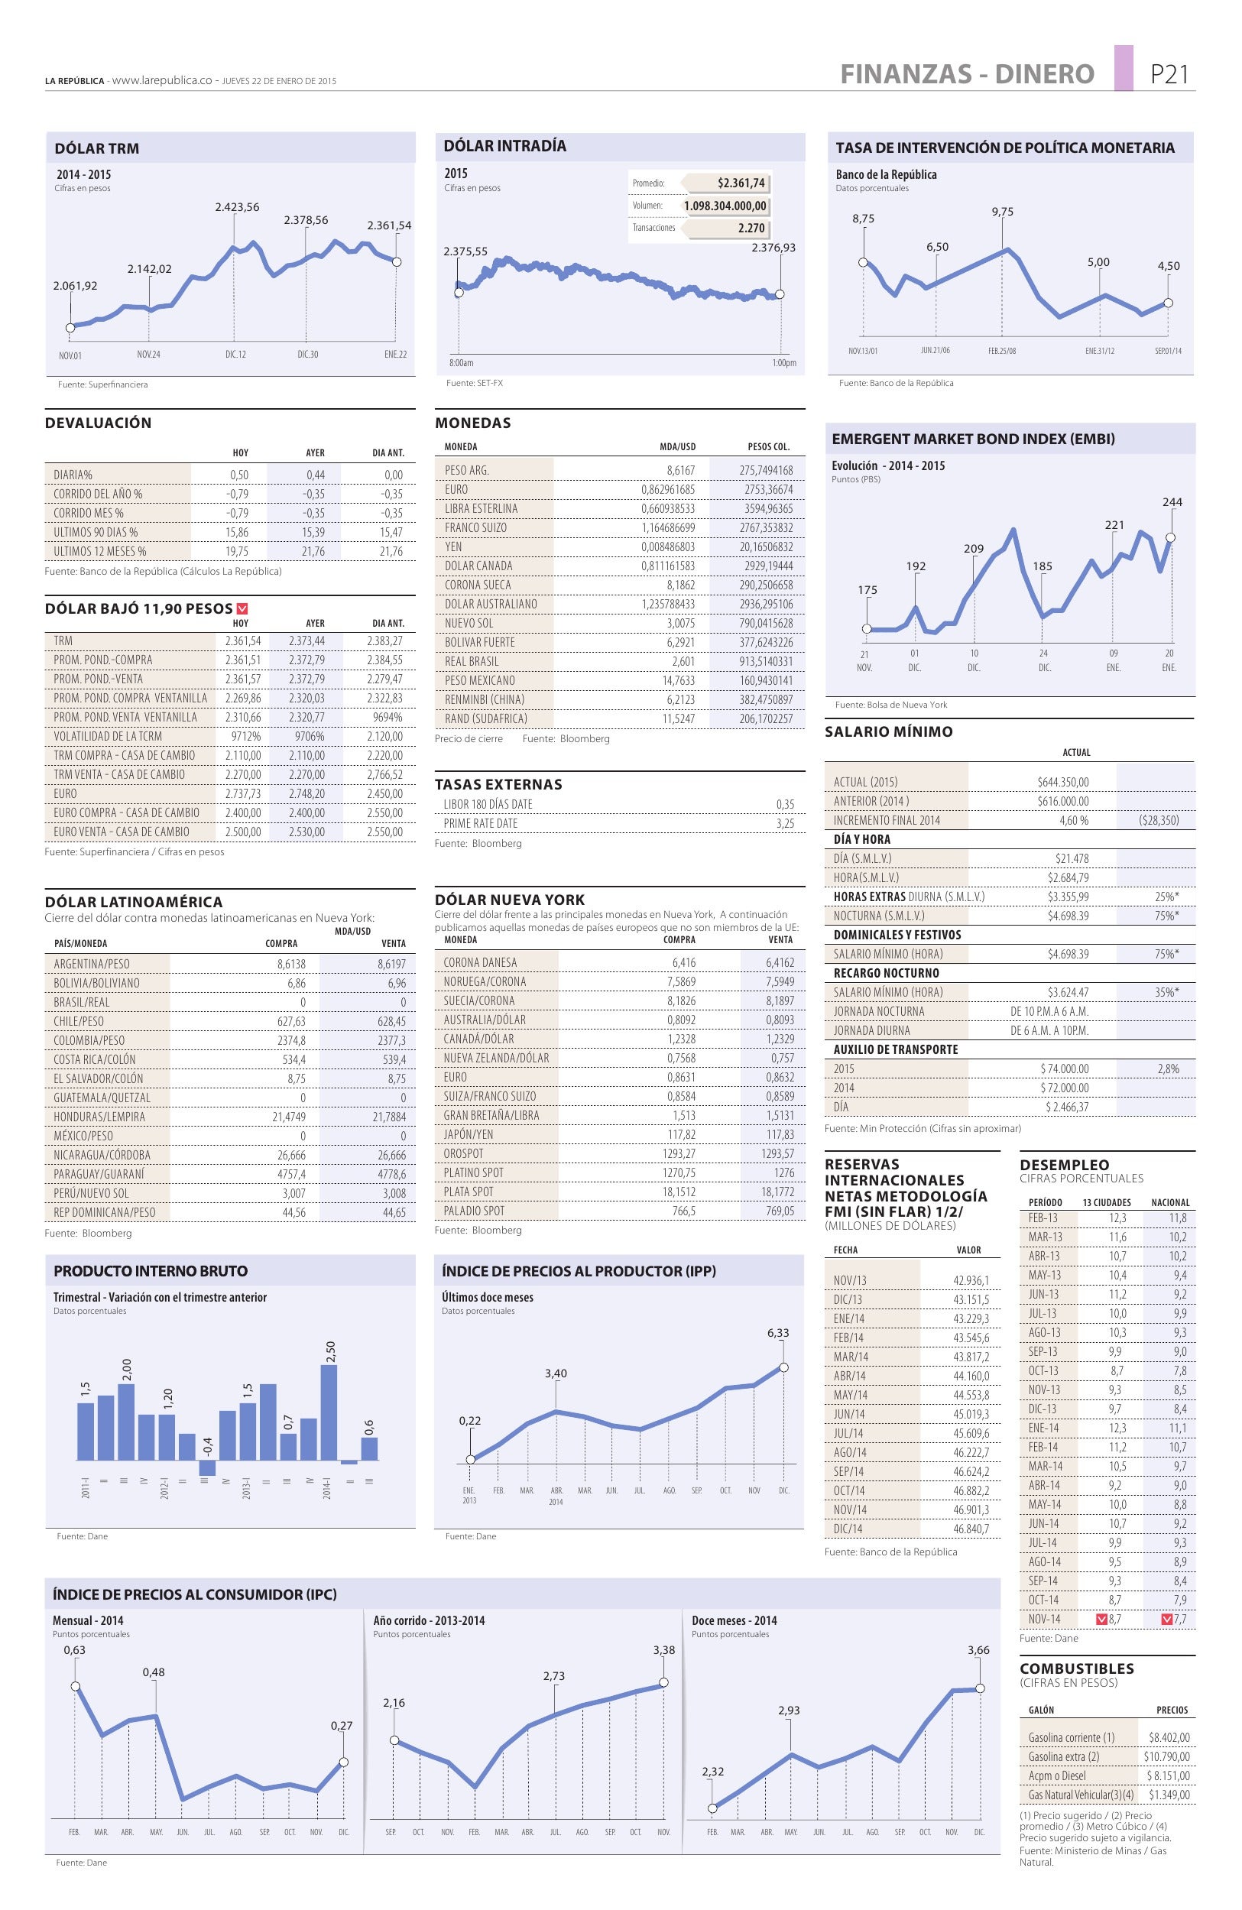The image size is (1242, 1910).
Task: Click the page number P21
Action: pos(1168,74)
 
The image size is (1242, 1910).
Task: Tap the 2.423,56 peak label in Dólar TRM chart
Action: pos(237,207)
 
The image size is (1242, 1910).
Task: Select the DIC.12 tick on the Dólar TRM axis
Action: pos(235,354)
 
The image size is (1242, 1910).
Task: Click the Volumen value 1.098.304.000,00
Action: pos(725,206)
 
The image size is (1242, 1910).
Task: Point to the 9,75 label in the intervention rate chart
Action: pos(1002,212)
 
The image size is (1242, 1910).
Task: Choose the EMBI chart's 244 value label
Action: pos(1172,502)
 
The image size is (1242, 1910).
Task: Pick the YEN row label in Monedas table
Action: pos(453,546)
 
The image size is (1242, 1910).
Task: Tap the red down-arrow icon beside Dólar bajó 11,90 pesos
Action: pos(242,609)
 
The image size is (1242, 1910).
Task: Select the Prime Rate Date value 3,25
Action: pos(785,823)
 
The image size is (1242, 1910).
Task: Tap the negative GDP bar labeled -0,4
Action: pos(207,1467)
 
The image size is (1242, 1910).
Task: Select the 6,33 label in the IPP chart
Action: pos(778,1333)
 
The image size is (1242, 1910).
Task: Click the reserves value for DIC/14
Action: pos(971,1529)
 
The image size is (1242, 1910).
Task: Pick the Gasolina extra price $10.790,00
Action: pos(1166,1756)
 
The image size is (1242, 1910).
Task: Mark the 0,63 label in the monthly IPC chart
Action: pos(75,1650)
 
